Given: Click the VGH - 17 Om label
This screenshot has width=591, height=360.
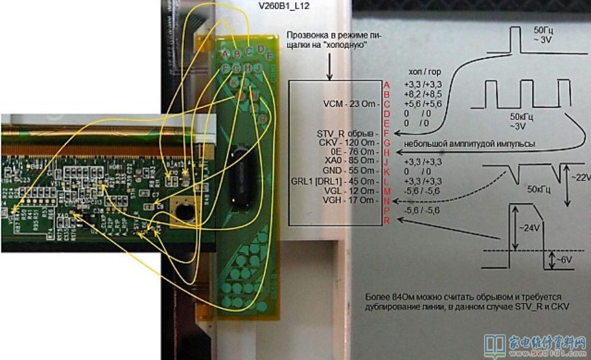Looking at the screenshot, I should tap(349, 200).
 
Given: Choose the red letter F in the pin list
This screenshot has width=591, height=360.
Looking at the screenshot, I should tap(387, 132).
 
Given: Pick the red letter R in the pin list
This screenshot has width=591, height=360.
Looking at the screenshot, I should tap(387, 219).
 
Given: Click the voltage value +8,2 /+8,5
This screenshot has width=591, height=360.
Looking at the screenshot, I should tap(422, 94).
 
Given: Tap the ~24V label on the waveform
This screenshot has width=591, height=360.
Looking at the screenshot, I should tap(519, 228).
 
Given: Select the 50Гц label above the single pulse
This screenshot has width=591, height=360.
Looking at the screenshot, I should tap(542, 30).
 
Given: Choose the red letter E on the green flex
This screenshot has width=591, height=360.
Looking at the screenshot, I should tap(261, 49).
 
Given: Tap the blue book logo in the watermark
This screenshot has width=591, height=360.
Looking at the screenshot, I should tap(494, 345).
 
